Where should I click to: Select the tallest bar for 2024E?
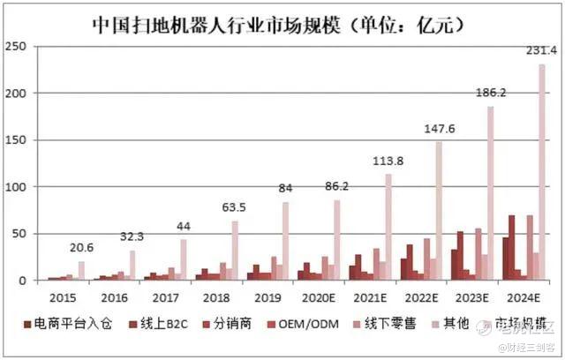tap(541, 172)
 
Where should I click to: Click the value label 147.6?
tap(440, 129)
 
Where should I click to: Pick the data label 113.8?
tap(388, 161)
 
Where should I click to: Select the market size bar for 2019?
tap(285, 241)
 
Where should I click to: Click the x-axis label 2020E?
tap(316, 298)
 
